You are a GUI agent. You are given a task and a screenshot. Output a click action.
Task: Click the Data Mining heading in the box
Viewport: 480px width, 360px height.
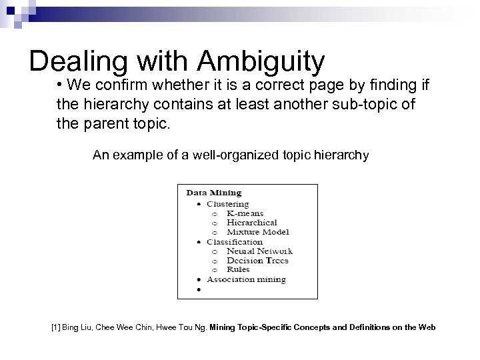pyautogui.click(x=213, y=193)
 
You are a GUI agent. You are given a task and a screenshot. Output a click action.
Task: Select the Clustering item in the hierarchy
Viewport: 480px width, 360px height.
pyautogui.click(x=228, y=203)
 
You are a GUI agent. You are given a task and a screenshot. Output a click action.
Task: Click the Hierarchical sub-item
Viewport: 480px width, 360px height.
pyautogui.click(x=251, y=223)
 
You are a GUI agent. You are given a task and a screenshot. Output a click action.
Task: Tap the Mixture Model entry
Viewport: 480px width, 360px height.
pyautogui.click(x=257, y=232)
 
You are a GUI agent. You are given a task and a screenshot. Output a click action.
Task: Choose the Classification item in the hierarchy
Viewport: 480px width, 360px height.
pyautogui.click(x=234, y=241)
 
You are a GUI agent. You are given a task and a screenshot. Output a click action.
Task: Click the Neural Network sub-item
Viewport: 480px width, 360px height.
pyautogui.click(x=259, y=251)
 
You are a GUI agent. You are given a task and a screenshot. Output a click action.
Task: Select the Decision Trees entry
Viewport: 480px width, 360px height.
pyautogui.click(x=257, y=261)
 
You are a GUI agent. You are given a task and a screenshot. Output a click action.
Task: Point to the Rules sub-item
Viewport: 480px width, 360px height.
pyautogui.click(x=238, y=269)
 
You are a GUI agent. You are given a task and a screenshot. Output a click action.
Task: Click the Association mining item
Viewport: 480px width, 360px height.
pyautogui.click(x=246, y=279)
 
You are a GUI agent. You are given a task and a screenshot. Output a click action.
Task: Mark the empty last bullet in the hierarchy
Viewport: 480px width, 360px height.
pyautogui.click(x=199, y=290)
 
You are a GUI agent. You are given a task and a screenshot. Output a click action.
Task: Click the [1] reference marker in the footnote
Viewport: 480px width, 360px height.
pyautogui.click(x=55, y=327)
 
